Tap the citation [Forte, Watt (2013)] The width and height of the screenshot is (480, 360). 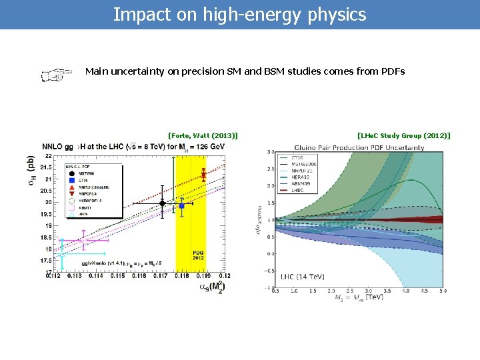(203, 135)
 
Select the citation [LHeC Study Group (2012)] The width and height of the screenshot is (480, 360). (404, 135)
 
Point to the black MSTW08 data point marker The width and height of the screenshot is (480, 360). (162, 203)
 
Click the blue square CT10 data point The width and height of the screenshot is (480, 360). (181, 206)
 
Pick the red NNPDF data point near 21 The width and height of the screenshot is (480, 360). (203, 175)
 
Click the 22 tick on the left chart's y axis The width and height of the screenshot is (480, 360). (49, 156)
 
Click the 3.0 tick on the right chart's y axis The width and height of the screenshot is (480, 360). (270, 153)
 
